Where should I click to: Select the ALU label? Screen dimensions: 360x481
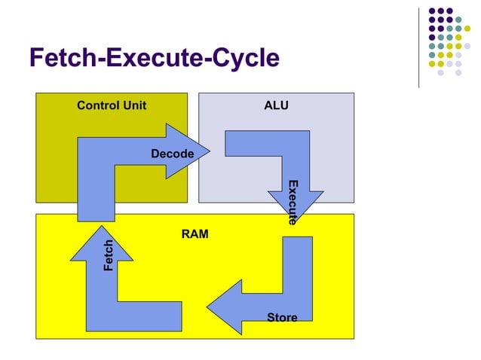click(275, 105)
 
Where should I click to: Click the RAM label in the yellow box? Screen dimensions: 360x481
click(195, 235)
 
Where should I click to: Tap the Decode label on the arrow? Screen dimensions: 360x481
click(172, 154)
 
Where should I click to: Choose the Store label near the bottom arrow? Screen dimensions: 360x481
click(282, 318)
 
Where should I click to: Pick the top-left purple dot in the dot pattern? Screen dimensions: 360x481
click(432, 12)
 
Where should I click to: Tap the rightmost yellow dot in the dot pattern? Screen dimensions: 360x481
click(467, 29)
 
